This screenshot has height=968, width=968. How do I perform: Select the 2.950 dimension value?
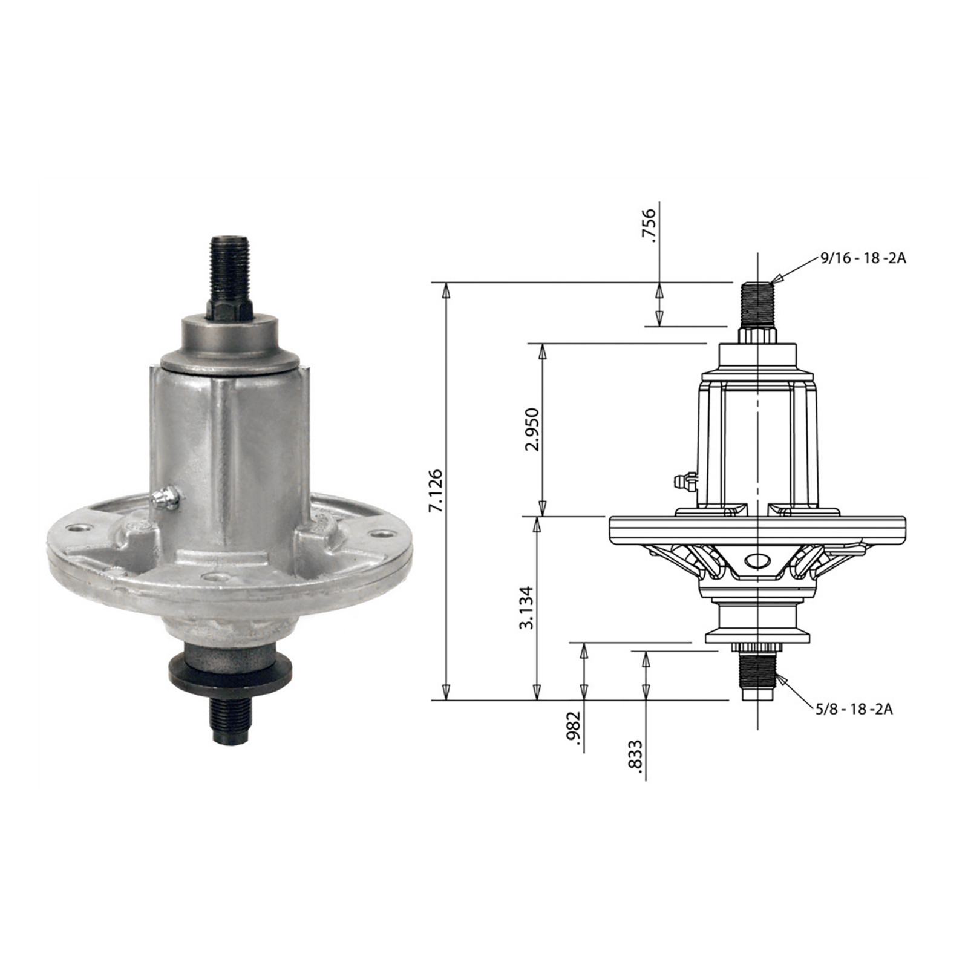pos(532,430)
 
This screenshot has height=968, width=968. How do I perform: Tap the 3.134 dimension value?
pos(527,607)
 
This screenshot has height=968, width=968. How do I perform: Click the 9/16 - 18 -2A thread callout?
pos(863,258)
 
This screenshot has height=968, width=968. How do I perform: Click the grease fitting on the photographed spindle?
pos(165,499)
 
